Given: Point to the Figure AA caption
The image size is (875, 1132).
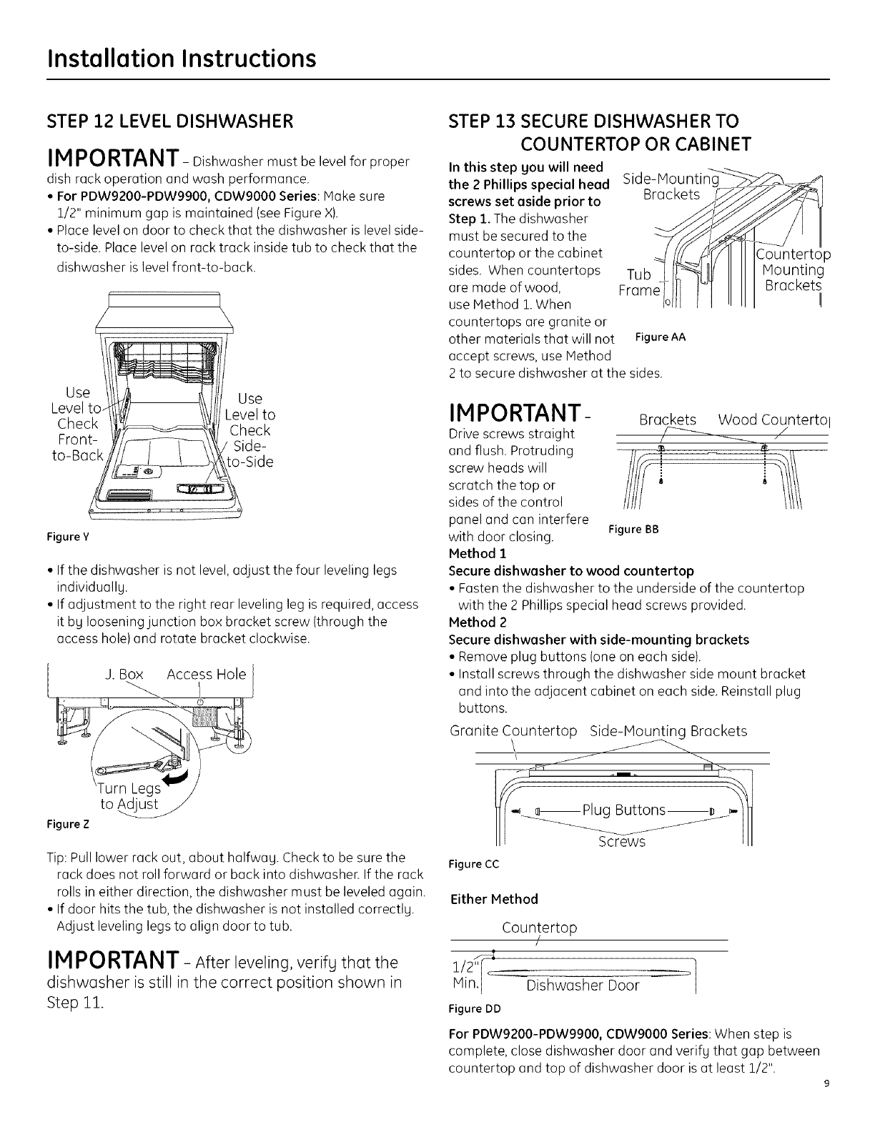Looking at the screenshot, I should pos(661,337).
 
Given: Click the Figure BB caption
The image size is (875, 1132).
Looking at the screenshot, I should pos(632,530).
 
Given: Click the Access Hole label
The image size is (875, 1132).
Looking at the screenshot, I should pos(206,675).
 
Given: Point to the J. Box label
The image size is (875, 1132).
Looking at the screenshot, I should pos(124,675).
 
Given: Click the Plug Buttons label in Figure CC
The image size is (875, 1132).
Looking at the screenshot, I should pos(624,810).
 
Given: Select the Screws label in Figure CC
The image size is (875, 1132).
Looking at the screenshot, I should pos(621,841).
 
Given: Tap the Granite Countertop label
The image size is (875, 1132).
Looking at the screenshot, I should pos(513,731).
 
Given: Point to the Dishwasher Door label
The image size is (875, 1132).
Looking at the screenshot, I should pos(582,986).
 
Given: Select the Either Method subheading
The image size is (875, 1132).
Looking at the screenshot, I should pos(494,899).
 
